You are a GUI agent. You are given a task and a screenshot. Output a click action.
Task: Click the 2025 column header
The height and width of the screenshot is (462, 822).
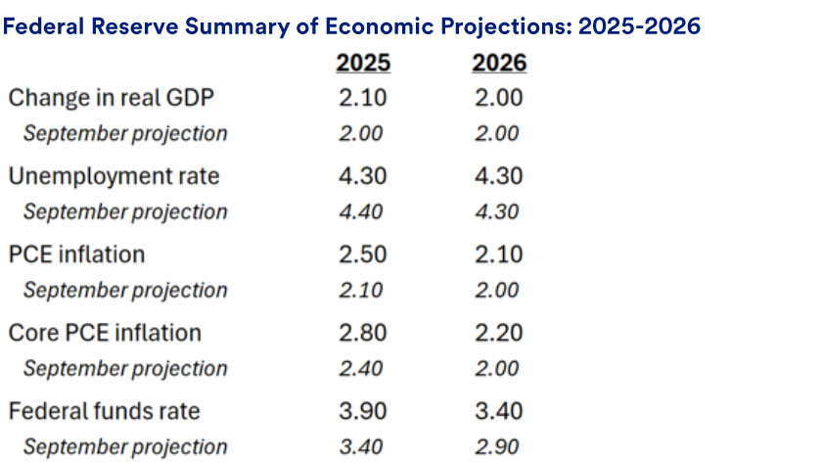point(363,64)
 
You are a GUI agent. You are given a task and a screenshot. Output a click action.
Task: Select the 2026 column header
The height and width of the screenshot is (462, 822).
point(499,64)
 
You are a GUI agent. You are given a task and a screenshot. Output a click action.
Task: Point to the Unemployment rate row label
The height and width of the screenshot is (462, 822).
point(114,176)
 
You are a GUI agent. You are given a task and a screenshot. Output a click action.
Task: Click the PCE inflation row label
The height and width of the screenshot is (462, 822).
point(76,254)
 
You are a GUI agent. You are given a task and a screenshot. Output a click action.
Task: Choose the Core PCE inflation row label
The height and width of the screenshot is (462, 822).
point(104,333)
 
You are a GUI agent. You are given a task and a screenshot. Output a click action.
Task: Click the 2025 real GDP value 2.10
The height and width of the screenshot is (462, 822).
point(363,98)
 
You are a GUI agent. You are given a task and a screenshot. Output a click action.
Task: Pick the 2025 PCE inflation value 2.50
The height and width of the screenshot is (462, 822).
point(363,254)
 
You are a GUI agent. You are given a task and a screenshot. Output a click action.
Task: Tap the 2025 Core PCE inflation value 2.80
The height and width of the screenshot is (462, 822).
point(363,333)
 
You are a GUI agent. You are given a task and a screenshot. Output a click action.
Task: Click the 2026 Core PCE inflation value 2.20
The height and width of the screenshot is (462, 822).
point(499,333)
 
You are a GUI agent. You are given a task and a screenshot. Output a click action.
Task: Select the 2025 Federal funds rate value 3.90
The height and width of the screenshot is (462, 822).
point(363,411)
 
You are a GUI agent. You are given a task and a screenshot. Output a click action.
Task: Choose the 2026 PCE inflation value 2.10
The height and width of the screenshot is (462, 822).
point(499,254)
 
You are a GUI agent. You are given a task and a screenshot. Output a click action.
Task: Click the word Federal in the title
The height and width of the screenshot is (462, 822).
point(44,26)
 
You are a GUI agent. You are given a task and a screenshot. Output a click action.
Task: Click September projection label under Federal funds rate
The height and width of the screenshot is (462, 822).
point(125,447)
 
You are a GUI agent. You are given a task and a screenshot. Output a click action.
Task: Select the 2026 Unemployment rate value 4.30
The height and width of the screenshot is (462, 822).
point(499,176)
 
